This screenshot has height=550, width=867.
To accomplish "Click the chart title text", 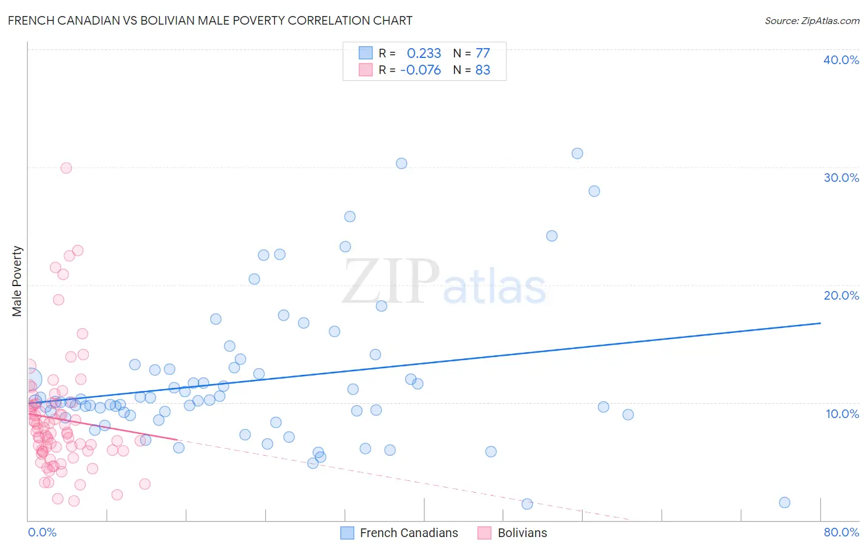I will coord(210,20).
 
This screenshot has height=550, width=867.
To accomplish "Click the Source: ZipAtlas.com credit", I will coord(812,20).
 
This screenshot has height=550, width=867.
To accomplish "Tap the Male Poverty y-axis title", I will coord(17,281).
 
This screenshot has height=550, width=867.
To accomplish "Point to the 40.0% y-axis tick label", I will coord(841,60).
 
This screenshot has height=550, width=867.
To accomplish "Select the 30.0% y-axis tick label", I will coord(841,178).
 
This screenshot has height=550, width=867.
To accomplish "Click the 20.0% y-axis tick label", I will coord(841,295).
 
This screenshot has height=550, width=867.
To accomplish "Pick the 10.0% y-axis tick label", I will coord(842,414).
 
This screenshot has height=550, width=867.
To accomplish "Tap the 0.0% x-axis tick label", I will coord(42,532).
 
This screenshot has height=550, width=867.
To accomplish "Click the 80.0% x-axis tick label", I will coord(841,532).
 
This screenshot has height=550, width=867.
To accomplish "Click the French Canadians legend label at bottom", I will coord(409,533).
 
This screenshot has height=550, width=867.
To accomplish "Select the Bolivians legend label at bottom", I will coord(522,533).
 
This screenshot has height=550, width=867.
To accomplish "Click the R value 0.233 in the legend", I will coord(424,54).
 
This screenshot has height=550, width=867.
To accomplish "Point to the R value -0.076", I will coord(421,70).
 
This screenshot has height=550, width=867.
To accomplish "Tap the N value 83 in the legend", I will coord(483,70).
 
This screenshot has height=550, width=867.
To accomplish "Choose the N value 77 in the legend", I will coord(483,54).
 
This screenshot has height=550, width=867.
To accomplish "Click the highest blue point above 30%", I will coord(577,154).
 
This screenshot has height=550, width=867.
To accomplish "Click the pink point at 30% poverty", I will coord(66,168).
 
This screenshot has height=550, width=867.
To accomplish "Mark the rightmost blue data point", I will coord(784,503).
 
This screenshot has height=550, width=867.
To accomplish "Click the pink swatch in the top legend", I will coord(366,70).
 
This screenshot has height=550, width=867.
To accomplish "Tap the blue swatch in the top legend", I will coord(366,53).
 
